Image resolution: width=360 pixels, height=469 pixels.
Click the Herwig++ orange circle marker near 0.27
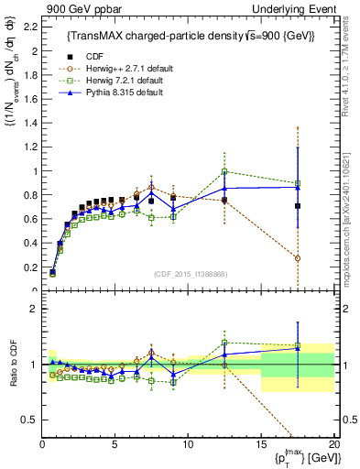(298, 258)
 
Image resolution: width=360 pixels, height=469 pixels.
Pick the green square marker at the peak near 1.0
(224, 171)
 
